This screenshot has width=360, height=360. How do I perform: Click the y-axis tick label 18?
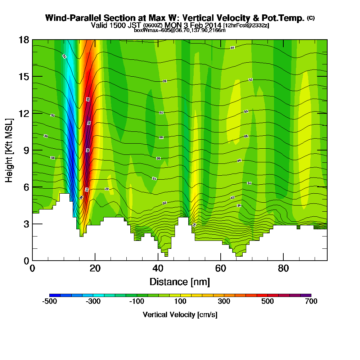24,40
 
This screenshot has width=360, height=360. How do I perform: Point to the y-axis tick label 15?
24,76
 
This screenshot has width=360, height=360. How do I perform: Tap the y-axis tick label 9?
26,150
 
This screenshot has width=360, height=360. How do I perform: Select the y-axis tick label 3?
26,224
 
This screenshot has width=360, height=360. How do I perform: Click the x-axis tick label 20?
95,269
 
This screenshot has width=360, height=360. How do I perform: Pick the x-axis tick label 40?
158,269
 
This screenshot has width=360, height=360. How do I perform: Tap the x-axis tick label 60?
221,269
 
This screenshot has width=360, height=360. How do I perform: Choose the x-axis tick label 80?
284,269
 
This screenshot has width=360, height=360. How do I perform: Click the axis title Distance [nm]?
180,281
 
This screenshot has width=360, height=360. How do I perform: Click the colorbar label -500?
49,302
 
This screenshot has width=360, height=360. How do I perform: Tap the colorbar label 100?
180,302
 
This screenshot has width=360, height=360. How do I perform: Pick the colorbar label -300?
93,302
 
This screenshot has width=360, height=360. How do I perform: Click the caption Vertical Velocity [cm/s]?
180,315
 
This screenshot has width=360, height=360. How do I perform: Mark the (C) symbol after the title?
311,18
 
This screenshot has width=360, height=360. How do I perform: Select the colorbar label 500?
267,302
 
